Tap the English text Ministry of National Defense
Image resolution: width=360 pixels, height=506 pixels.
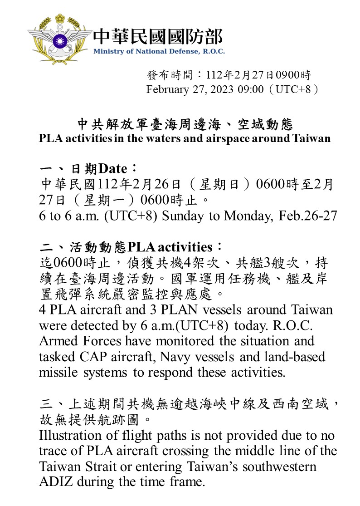click(x=159, y=51)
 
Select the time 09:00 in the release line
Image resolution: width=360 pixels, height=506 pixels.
click(x=250, y=89)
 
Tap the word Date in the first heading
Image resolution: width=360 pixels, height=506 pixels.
click(x=113, y=169)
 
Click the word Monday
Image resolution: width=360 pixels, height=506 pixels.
click(x=249, y=216)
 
